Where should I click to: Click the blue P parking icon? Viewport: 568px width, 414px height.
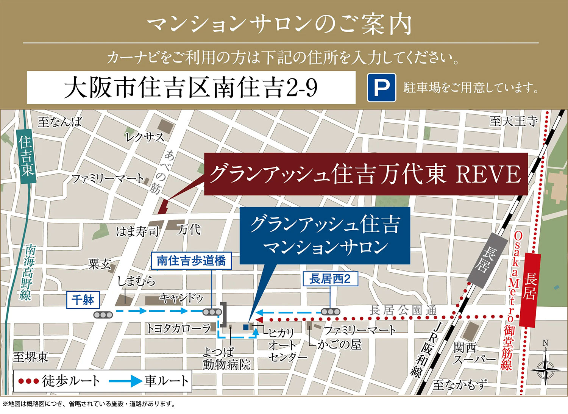381,87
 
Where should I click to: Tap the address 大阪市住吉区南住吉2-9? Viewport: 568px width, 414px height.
191,87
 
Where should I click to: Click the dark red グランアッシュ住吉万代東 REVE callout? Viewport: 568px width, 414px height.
365,174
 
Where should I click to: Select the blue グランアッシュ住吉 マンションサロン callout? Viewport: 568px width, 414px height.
325,235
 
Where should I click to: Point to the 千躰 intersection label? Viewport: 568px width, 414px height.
83,300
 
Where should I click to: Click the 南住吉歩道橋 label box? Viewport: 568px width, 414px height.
191,261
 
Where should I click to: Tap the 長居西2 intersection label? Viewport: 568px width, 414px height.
330,279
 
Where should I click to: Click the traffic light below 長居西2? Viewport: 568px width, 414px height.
330,312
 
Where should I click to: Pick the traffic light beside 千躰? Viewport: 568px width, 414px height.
103,314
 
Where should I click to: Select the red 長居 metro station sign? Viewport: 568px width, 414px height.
530,290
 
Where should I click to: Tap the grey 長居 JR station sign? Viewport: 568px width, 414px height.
487,259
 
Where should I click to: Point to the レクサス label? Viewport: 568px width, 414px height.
145,137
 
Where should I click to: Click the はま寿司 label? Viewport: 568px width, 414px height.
137,231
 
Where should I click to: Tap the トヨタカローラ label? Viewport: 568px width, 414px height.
178,328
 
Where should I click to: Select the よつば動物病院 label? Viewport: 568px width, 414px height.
226,358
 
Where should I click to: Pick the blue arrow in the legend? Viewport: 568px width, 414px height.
125,381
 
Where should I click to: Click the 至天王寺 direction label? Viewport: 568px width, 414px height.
513,121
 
